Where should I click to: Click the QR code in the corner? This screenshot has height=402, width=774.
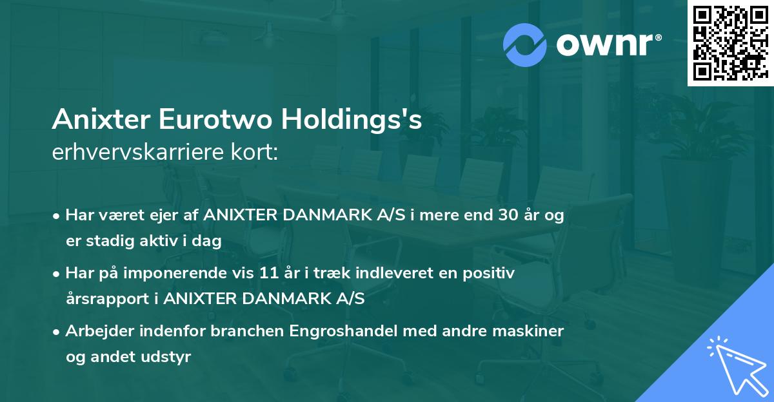coord(730,43)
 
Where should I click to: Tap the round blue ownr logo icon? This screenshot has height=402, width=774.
coord(525,45)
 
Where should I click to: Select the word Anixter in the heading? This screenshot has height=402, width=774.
coord(95,120)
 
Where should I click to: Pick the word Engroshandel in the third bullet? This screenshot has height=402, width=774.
coord(342,331)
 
